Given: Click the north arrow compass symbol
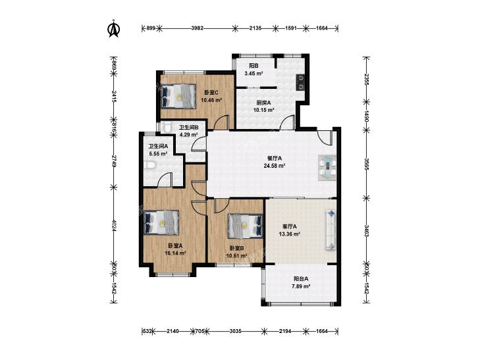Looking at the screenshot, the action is (114, 29).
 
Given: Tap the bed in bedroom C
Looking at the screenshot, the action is (178, 96).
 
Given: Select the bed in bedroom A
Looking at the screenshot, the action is (161, 222).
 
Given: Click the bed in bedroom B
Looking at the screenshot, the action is (246, 226).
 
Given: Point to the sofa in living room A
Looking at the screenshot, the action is (331, 230).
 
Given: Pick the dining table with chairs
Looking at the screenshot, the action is (327, 168).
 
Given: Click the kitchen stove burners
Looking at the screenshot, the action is (301, 82).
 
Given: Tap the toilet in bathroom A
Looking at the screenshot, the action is (150, 166).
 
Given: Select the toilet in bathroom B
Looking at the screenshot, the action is (166, 127).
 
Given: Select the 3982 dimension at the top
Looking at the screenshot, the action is (197, 28).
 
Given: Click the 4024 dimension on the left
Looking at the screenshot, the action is (114, 226).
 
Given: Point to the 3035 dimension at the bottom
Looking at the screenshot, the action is (236, 331).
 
